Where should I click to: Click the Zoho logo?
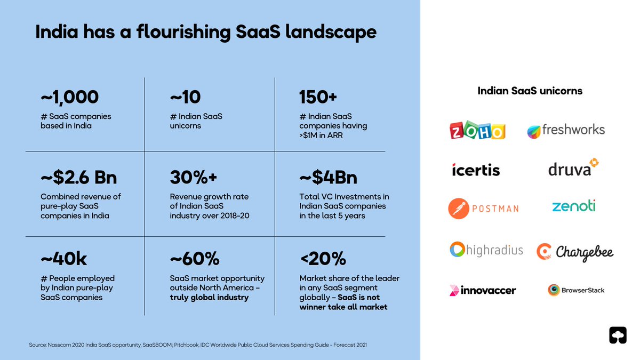[x=477, y=131]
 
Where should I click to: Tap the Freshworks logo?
[x=566, y=130]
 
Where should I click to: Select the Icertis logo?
[x=476, y=170]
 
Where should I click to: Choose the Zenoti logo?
[x=574, y=206]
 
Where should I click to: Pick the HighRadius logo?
[x=486, y=250]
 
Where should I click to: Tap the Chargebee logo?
[x=575, y=252]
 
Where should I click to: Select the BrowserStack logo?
[x=575, y=290]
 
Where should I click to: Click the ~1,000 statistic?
[x=70, y=97]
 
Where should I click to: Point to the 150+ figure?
[x=318, y=97]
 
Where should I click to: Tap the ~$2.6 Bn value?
[x=78, y=177]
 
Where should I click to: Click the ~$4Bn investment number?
[x=329, y=177]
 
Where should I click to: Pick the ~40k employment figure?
[x=63, y=259]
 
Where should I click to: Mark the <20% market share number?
[x=323, y=259]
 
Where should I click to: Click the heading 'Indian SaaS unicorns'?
[x=530, y=91]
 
